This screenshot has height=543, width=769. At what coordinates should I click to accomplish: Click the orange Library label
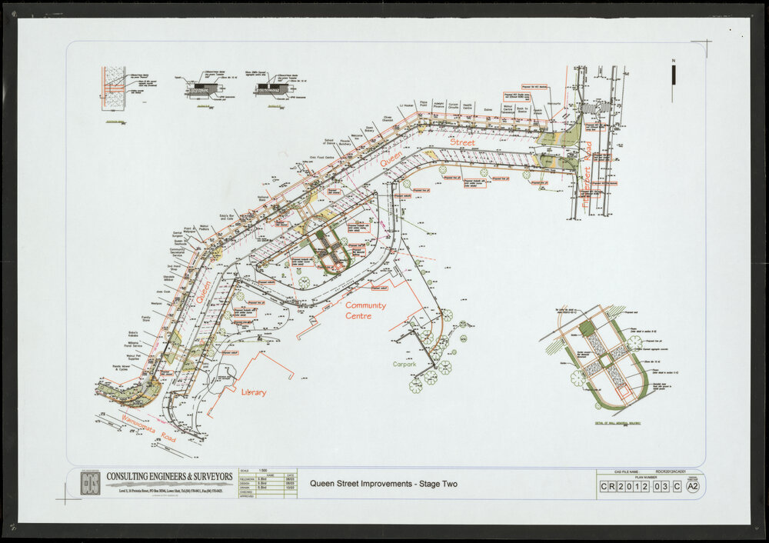pyautogui.click(x=254, y=392)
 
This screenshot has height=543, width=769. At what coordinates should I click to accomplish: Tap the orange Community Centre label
pyautogui.click(x=365, y=311)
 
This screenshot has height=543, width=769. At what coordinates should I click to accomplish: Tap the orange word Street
pyautogui.click(x=462, y=142)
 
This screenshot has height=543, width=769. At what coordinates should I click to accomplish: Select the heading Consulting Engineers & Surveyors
pyautogui.click(x=169, y=477)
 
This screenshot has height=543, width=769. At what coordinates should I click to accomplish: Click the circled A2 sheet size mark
pyautogui.click(x=693, y=486)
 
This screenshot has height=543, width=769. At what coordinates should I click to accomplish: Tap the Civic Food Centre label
pyautogui.click(x=321, y=157)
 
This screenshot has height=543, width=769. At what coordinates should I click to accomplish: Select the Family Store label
pyautogui.click(x=146, y=318)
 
